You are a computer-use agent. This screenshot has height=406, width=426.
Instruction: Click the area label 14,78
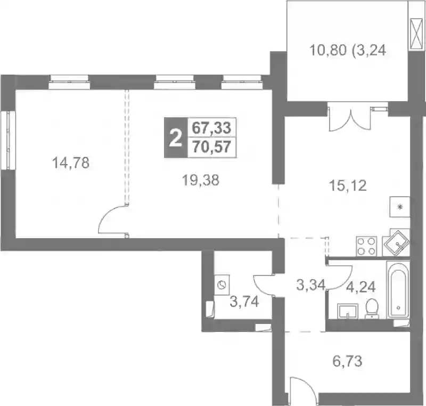pos(71,163)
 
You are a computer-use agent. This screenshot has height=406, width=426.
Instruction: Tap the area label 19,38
pos(201,180)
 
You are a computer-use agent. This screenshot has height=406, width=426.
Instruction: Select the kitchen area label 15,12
pos(348,185)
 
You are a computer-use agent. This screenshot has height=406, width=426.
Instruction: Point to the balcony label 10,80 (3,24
pos(348,50)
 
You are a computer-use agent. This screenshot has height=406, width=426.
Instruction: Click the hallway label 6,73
pos(347,361)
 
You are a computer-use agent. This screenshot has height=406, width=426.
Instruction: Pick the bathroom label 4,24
pos(361,287)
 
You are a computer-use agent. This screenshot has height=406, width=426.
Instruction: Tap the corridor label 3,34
pos(310,285)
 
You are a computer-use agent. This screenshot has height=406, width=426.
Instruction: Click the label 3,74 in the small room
pos(244,302)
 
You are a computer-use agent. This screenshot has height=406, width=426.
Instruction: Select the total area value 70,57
pos(211,147)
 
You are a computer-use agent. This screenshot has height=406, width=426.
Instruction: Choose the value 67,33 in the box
pos(211,128)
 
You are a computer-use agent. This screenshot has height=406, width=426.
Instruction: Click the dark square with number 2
pos(176,138)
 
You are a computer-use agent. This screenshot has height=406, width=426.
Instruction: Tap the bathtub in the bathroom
pos(398,290)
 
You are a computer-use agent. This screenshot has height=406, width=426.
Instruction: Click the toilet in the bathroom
pos(372,308)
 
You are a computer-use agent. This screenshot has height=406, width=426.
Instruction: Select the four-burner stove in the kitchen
pos(366,246)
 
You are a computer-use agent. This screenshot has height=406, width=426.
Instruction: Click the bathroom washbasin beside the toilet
pos(348,311)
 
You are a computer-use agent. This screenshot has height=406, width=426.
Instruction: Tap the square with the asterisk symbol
pos(400,207)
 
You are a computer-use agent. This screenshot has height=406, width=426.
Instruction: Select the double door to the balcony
pos(350,117)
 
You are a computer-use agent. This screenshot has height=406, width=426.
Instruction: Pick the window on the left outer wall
pos(8,140)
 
